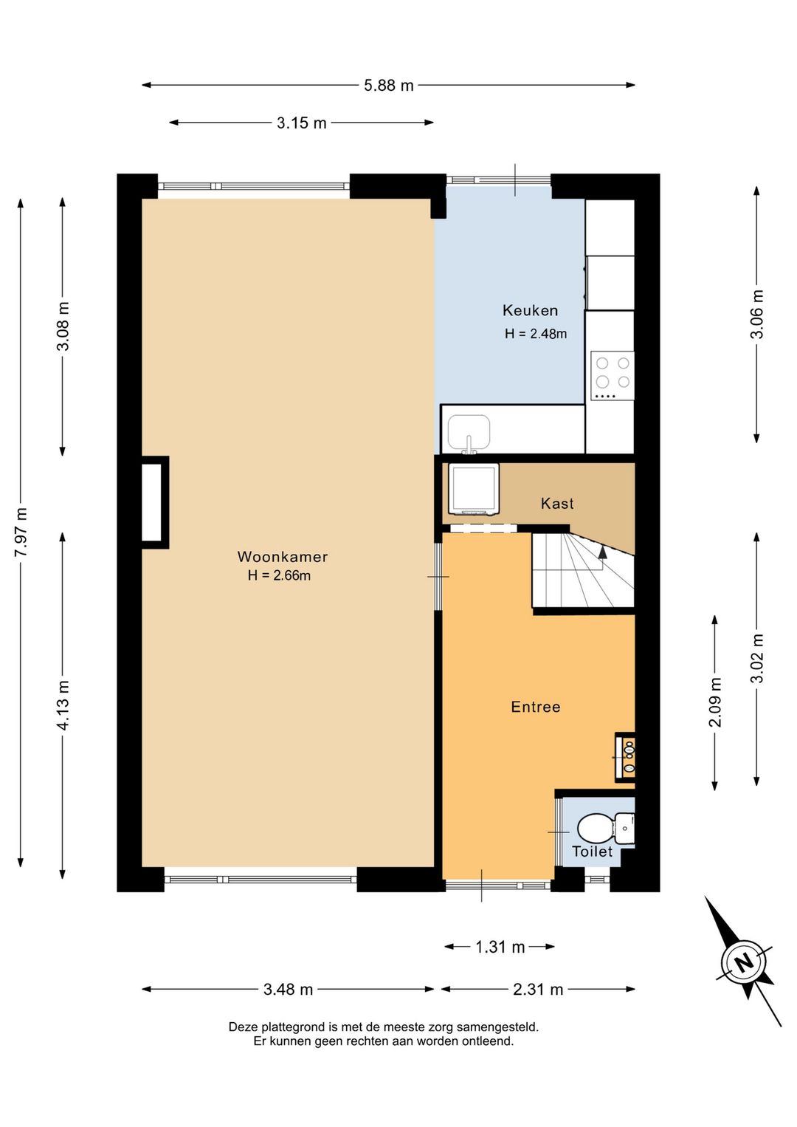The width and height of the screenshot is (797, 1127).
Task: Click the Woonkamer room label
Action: point(282,556)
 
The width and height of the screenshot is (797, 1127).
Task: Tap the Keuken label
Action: point(530,310)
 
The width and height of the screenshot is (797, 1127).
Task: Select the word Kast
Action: point(557,503)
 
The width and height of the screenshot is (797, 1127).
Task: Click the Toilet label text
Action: point(593,852)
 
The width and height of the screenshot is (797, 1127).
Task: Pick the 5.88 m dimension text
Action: point(389,86)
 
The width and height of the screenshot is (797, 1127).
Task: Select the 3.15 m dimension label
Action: point(301,123)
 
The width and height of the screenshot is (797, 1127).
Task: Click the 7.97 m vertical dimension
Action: point(21,532)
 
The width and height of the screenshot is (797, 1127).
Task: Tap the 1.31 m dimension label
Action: point(500,948)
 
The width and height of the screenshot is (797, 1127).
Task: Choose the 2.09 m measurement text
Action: point(715,702)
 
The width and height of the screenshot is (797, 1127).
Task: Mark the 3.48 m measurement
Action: point(288,990)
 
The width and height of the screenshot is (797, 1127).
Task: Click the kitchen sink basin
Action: point(469,432)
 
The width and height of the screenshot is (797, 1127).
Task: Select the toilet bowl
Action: point(594,828)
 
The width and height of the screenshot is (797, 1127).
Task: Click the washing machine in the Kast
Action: point(474,490)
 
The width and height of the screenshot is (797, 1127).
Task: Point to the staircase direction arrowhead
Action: point(602,552)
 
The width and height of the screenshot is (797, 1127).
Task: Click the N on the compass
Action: point(744,963)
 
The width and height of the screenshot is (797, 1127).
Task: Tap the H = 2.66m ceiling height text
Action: point(279,575)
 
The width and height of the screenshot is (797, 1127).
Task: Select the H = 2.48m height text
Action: point(536,333)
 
